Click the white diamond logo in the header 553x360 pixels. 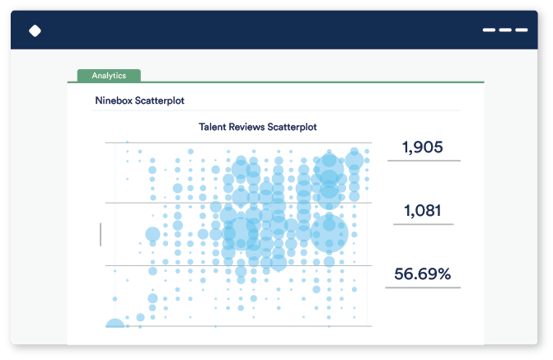tap(35, 31)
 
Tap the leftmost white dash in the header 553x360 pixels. tap(490, 30)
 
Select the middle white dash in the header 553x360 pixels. tap(505, 30)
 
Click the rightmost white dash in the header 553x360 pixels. tap(521, 30)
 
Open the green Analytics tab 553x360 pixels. tap(109, 76)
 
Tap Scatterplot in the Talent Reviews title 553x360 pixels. tap(293, 127)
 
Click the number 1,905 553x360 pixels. tap(422, 147)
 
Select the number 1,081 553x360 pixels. tap(422, 211)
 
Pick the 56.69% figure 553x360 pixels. tap(422, 274)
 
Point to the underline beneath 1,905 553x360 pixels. tap(424, 161)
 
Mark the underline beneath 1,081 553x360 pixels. tap(422, 224)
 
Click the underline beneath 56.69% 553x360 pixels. tap(422, 288)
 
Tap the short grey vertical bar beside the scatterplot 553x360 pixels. tap(101, 234)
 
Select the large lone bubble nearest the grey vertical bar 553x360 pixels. tap(152, 234)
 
